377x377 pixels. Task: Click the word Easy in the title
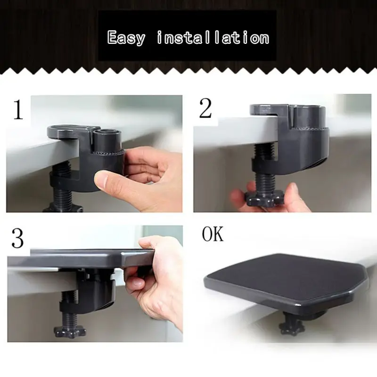(126, 37)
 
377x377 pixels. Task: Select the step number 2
(205, 109)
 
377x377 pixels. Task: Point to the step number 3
(17, 238)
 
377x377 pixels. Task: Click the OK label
(213, 234)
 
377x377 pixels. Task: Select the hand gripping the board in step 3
(158, 278)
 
